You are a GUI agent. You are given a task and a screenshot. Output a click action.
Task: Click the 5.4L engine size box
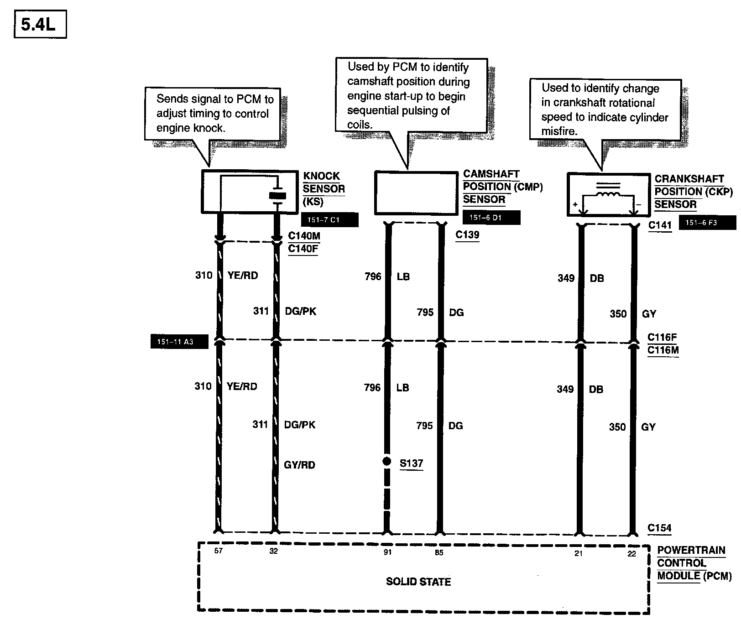click(x=40, y=25)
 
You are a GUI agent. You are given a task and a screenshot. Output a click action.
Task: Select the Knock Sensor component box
click(x=250, y=192)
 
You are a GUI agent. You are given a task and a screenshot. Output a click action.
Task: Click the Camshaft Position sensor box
click(x=416, y=193)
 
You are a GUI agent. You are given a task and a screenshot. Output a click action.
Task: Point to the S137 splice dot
click(x=387, y=462)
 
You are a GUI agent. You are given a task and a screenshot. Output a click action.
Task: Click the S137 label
click(x=411, y=463)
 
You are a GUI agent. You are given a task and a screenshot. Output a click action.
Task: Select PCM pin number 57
click(x=219, y=551)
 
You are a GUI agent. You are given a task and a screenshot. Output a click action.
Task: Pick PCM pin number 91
click(x=387, y=552)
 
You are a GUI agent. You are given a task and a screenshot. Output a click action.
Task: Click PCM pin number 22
click(x=631, y=554)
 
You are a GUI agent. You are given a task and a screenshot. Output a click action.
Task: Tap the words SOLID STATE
click(x=418, y=582)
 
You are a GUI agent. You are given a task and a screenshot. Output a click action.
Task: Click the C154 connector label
click(x=659, y=528)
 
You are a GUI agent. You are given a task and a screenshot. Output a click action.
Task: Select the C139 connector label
click(x=467, y=235)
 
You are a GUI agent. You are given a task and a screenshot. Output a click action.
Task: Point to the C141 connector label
click(x=660, y=225)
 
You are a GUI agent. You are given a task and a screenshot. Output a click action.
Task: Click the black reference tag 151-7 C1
click(x=329, y=220)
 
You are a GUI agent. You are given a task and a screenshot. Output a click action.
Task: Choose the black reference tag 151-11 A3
click(x=179, y=342)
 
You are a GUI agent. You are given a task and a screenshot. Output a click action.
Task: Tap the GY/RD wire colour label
click(x=299, y=465)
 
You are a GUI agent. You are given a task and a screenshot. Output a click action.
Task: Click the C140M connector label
click(x=304, y=236)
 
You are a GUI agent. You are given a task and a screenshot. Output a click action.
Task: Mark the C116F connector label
click(x=662, y=338)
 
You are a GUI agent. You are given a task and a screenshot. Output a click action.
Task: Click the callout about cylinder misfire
click(x=605, y=109)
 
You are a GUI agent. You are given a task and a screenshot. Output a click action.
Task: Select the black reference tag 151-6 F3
click(x=707, y=223)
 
